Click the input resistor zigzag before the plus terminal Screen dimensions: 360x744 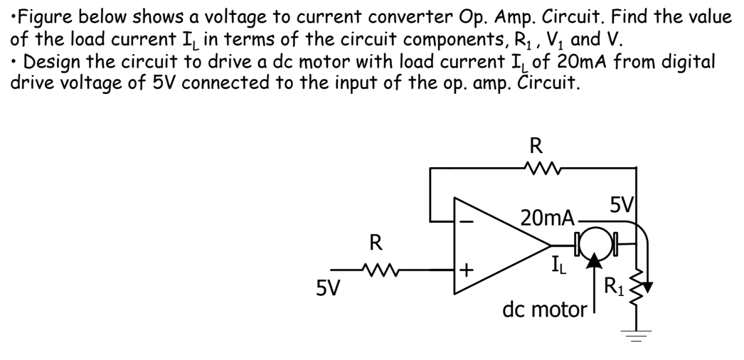[374, 270]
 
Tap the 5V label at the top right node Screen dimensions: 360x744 [623, 207]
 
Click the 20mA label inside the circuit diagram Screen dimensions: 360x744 [547, 218]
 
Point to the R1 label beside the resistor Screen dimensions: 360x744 [614, 288]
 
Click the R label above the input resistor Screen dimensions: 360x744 [375, 243]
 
